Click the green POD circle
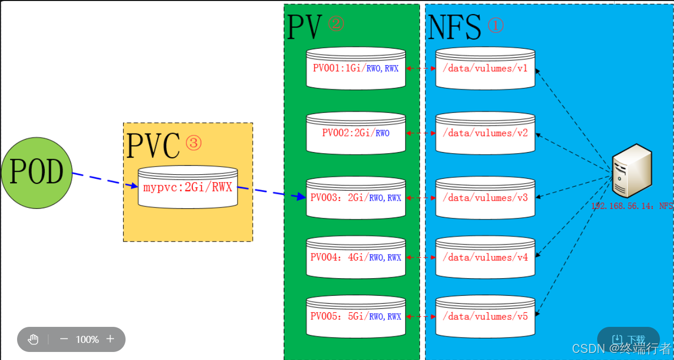click(x=37, y=173)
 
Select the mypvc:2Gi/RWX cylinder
click(x=188, y=187)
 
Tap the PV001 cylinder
click(x=356, y=68)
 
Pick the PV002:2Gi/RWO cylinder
click(x=356, y=133)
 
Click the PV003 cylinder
click(x=356, y=198)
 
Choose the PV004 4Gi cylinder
click(x=356, y=257)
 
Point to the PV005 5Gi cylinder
click(x=356, y=316)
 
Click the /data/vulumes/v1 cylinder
click(x=485, y=68)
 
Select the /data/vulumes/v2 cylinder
click(x=485, y=133)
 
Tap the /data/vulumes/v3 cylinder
click(x=485, y=198)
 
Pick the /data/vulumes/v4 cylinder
click(x=485, y=257)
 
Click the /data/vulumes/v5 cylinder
click(x=485, y=316)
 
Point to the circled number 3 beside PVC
click(x=193, y=143)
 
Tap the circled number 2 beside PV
click(x=336, y=24)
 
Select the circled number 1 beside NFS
click(x=495, y=26)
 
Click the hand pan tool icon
click(x=33, y=339)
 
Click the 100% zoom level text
click(x=87, y=339)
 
